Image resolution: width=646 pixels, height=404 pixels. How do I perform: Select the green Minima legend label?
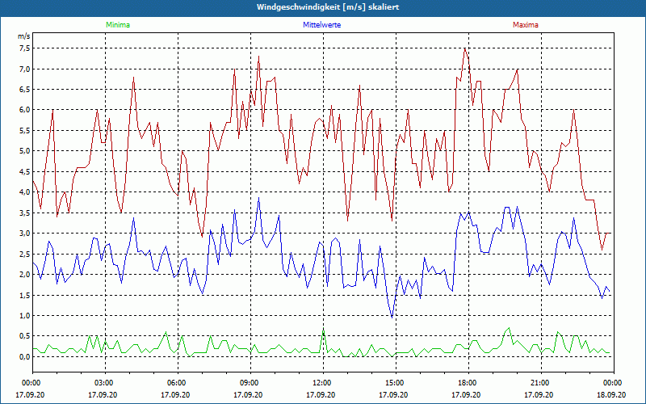tap(117, 25)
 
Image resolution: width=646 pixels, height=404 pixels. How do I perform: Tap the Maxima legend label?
tap(525, 25)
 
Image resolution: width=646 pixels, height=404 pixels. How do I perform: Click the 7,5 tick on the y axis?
tap(23, 48)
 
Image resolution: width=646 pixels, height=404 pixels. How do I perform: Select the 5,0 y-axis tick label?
tap(23, 151)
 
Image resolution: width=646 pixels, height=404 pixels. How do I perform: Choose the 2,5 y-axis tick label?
tap(23, 254)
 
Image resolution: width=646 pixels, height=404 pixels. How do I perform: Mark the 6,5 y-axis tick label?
tap(23, 89)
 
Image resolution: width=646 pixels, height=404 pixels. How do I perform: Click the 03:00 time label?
tap(104, 383)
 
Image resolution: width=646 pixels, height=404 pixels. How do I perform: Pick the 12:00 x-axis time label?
tap(322, 383)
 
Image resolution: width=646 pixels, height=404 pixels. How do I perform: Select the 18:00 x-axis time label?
tap(468, 383)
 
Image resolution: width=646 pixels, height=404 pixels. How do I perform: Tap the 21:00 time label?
tap(540, 383)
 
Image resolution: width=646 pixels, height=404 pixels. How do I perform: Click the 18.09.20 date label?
tap(613, 394)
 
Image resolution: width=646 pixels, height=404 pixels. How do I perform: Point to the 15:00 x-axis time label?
tap(395, 383)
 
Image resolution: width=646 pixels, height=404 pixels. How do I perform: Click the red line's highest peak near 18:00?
tap(464, 48)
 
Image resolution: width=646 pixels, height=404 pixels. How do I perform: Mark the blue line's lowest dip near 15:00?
tap(392, 318)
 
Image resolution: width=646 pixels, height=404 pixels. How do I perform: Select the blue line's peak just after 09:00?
tap(259, 198)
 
